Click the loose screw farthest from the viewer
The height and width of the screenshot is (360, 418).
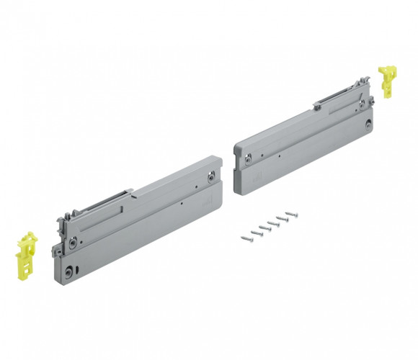pyautogui.click(x=291, y=214)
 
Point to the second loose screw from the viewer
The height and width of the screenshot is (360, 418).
pyautogui.click(x=255, y=230)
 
